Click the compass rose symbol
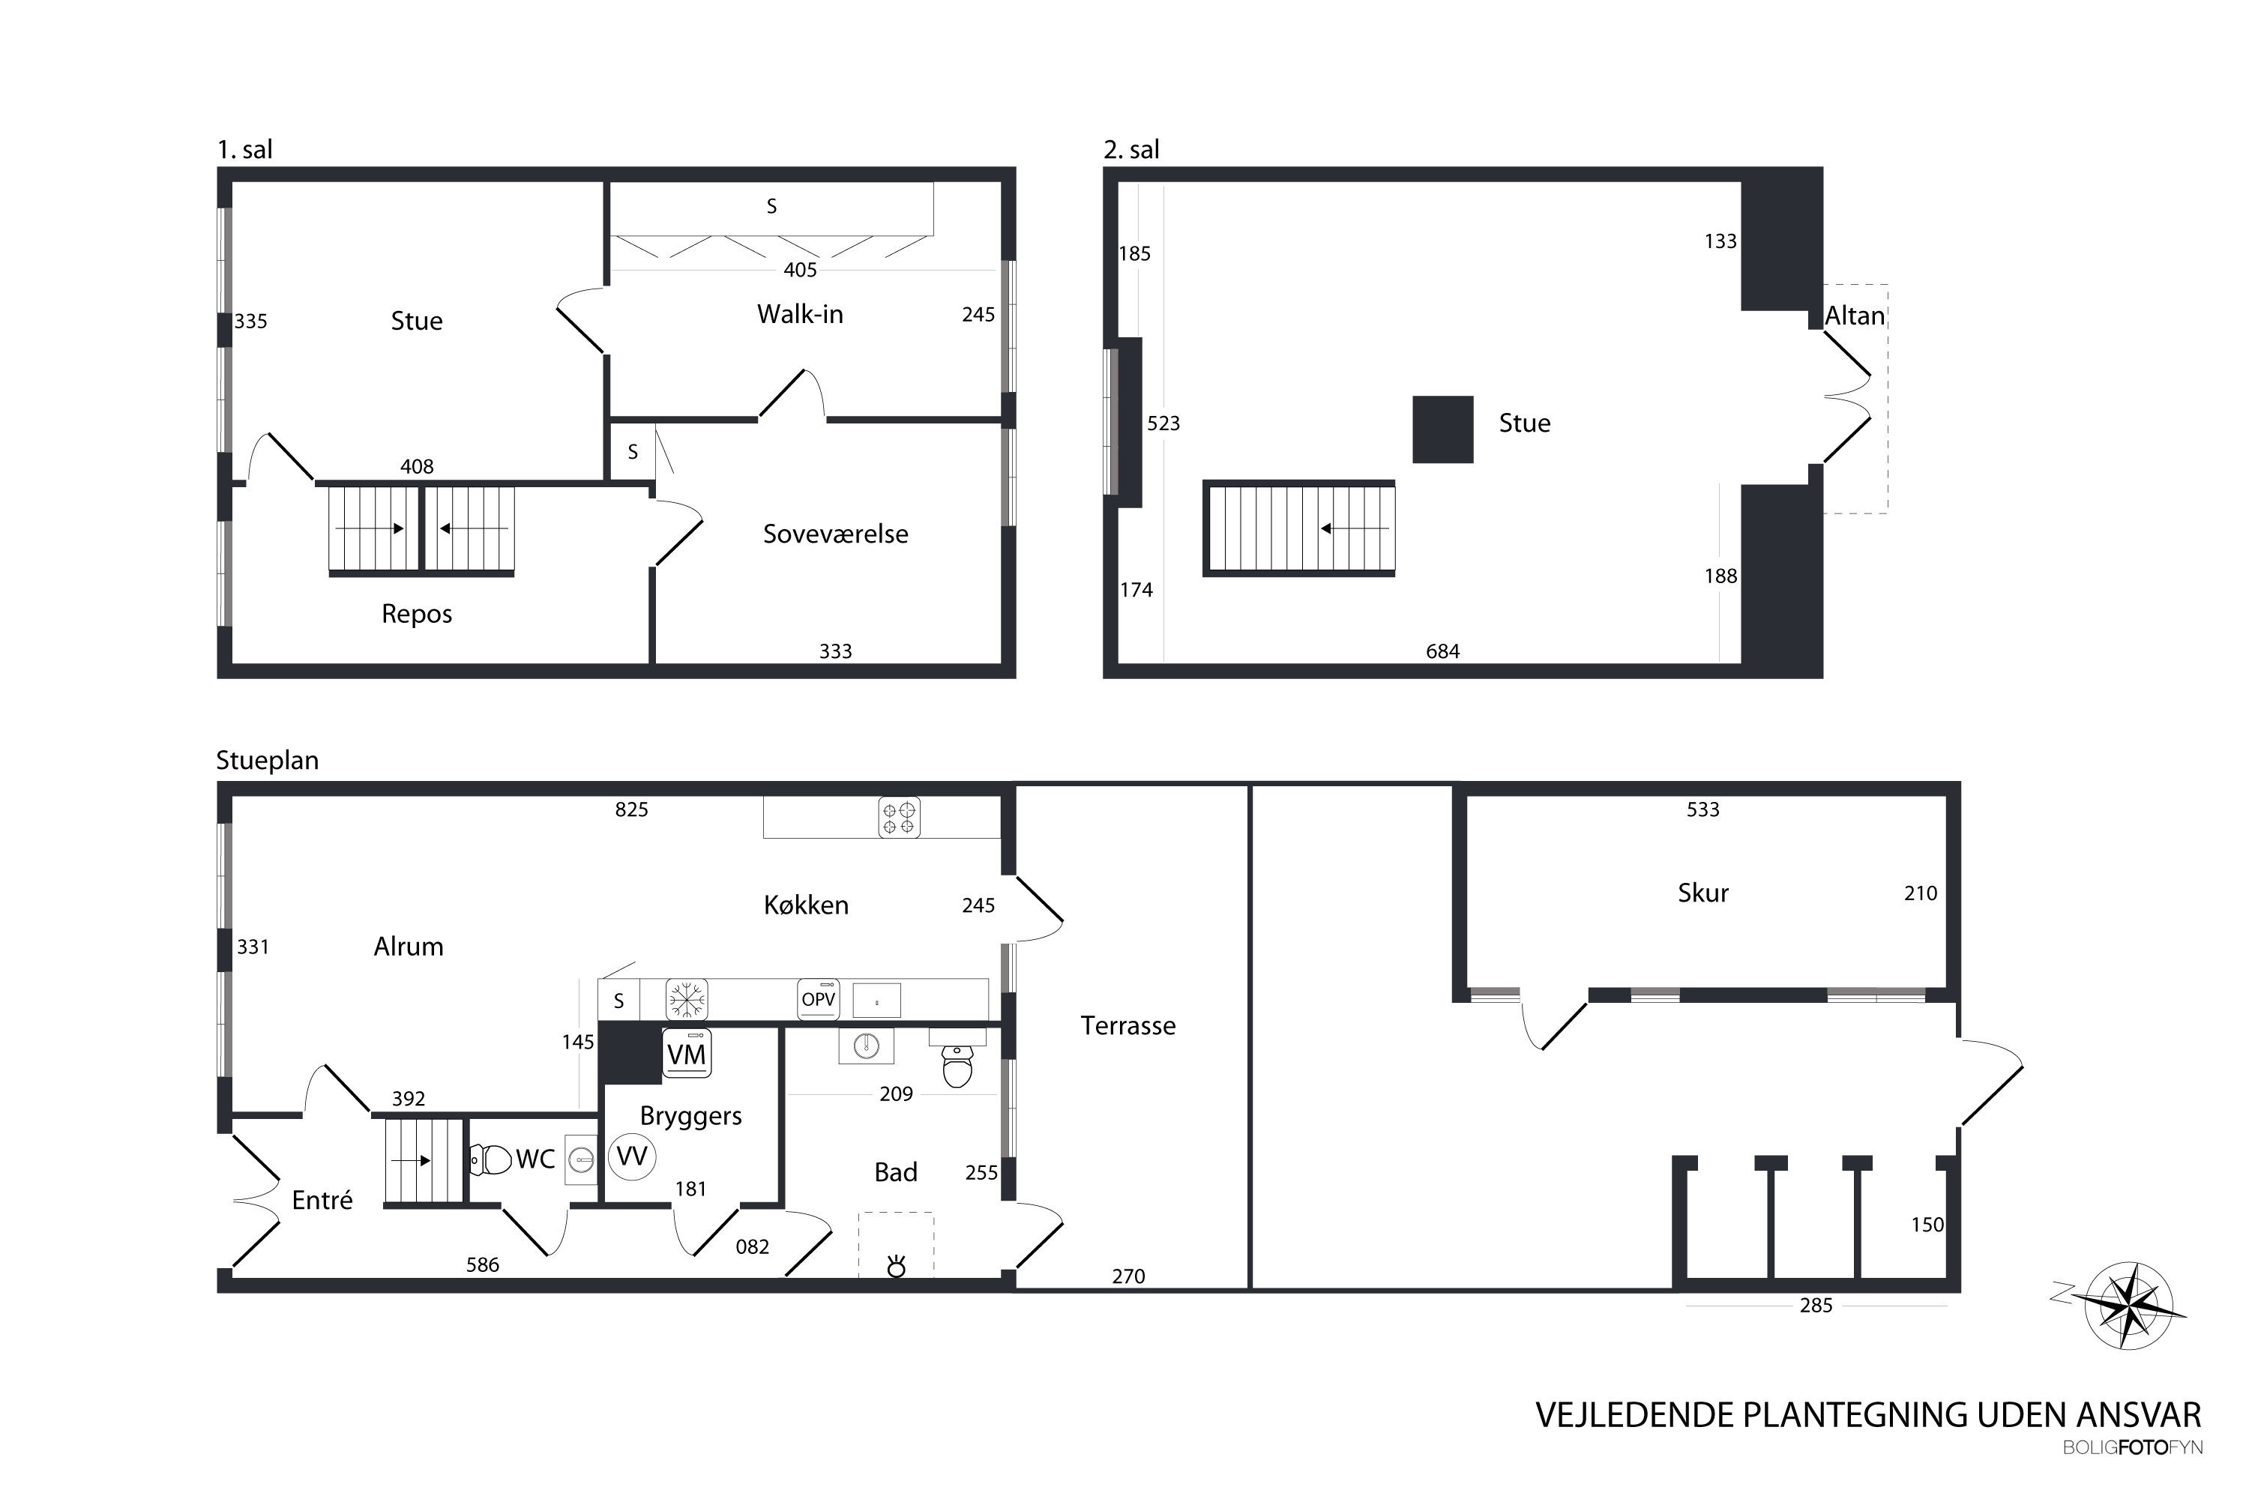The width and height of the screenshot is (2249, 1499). pyautogui.click(x=2130, y=1306)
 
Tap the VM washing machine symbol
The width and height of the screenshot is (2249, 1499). pyautogui.click(x=687, y=1055)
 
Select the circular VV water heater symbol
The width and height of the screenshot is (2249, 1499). pyautogui.click(x=632, y=1156)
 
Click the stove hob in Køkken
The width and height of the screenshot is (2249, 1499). pyautogui.click(x=899, y=818)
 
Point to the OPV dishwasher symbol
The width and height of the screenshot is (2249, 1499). pyautogui.click(x=819, y=1000)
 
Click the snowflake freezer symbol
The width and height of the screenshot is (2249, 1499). pyautogui.click(x=687, y=1000)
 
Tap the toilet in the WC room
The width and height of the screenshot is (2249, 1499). pyautogui.click(x=490, y=1159)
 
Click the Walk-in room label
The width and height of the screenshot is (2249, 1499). pyautogui.click(x=801, y=315)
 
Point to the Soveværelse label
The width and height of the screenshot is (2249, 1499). pyautogui.click(x=836, y=534)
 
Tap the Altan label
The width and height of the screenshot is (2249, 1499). pyautogui.click(x=1855, y=316)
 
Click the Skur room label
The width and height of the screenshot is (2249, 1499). pyautogui.click(x=1703, y=893)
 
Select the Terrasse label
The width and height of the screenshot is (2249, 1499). pyautogui.click(x=1128, y=1026)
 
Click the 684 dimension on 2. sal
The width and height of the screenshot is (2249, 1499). pyautogui.click(x=1443, y=651)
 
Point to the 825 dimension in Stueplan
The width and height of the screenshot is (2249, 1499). pyautogui.click(x=631, y=809)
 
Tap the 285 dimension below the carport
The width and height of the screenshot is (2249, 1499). pyautogui.click(x=1816, y=1305)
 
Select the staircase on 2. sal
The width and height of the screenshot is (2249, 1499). pyautogui.click(x=1298, y=528)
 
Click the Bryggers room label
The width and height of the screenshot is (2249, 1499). pyautogui.click(x=690, y=1117)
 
